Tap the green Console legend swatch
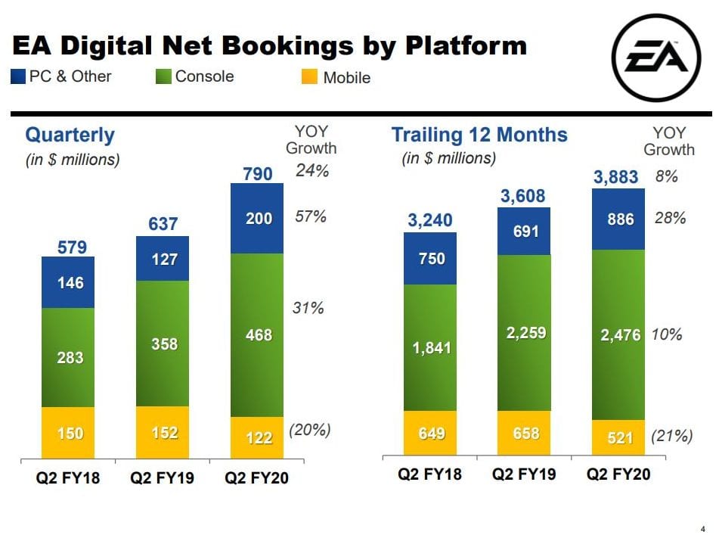coord(164,76)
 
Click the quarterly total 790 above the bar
coord(258,174)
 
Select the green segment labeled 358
coord(163,344)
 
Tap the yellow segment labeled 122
coord(258,437)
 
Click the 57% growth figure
coord(311,217)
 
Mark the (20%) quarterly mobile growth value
coord(310,430)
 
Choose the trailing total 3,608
coord(523,197)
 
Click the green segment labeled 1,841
coord(429,347)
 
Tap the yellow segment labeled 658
coord(523,433)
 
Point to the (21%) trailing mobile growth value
coord(671,436)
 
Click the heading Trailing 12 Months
coord(479,135)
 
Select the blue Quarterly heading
coord(70,135)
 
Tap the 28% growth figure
coord(670,218)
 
